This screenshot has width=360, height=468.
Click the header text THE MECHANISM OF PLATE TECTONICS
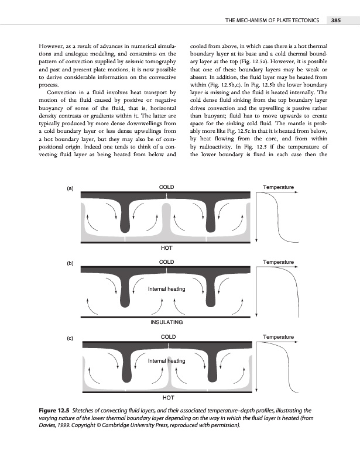point(272,21)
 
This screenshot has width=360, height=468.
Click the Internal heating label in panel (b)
point(167,289)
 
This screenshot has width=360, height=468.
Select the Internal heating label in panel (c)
point(167,361)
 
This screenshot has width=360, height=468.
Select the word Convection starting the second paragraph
point(59,92)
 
